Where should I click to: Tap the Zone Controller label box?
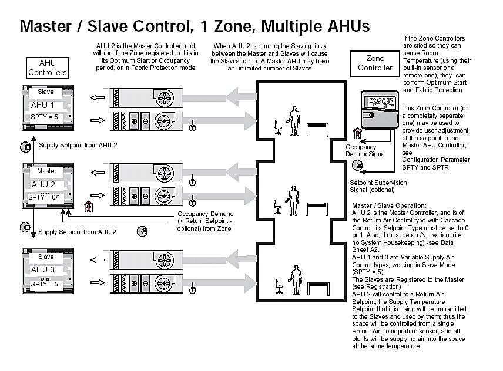(x=375, y=63)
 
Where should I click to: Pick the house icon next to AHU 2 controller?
(x=88, y=205)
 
